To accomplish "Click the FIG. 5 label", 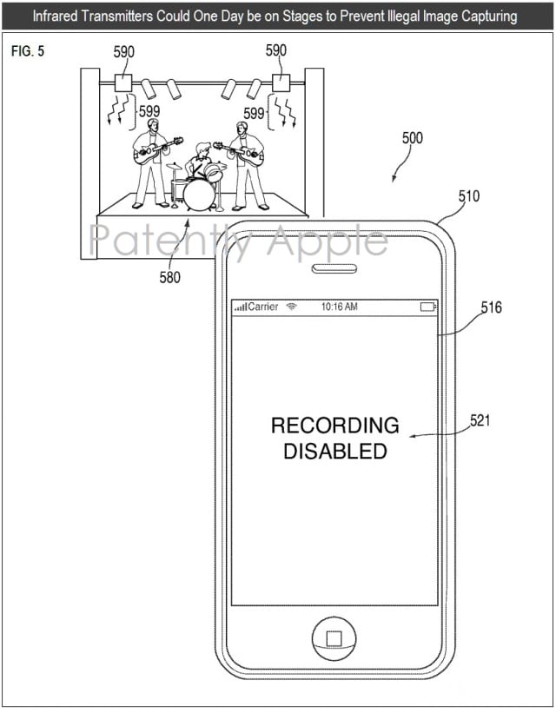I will (x=27, y=51).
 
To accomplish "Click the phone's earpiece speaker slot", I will (x=334, y=268).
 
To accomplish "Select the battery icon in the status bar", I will (x=427, y=307).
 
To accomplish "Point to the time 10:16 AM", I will (x=339, y=307).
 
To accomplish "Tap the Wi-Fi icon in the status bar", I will (x=292, y=307).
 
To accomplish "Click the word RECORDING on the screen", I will (x=334, y=426).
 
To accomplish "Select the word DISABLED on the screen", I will (x=334, y=451).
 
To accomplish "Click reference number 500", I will (x=413, y=138).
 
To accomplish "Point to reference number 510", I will (x=468, y=196).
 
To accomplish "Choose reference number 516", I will (x=491, y=307).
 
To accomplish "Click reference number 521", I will (x=480, y=420).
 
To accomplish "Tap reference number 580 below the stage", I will (x=169, y=278).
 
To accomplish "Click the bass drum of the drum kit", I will (x=199, y=195).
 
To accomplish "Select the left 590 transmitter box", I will (x=122, y=83).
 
